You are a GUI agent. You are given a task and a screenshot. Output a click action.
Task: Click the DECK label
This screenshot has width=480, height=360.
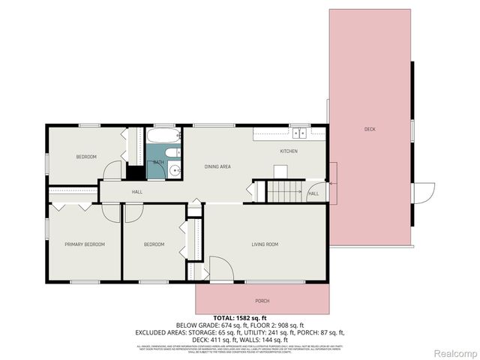(370, 129)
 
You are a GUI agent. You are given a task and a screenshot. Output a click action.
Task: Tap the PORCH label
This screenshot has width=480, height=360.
(262, 301)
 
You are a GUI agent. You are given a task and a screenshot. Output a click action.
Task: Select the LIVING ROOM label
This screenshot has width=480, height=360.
(265, 244)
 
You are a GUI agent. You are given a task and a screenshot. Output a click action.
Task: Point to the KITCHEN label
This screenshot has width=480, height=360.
(289, 151)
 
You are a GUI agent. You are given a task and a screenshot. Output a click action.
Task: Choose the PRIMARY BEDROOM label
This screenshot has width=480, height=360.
(84, 244)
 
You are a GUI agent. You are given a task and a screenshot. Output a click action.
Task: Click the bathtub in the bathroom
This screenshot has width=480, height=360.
(163, 136)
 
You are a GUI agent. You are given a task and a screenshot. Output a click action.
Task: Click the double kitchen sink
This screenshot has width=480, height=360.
(299, 133)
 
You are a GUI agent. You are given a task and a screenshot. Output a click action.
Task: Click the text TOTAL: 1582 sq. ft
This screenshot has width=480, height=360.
(240, 318)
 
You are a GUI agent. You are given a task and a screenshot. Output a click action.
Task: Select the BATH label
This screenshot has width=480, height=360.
(158, 162)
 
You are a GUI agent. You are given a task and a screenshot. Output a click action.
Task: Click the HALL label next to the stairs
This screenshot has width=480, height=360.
(313, 193)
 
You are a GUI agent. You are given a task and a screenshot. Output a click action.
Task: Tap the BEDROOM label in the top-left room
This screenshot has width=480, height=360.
(86, 157)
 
